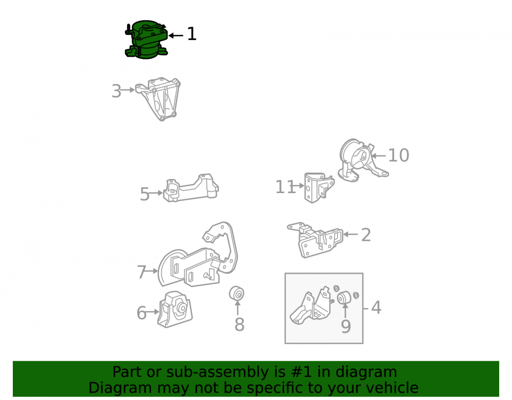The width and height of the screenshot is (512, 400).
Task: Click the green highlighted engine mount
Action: [x=146, y=39]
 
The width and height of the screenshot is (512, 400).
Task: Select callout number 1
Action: [x=191, y=34]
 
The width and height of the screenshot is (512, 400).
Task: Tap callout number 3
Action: [x=116, y=91]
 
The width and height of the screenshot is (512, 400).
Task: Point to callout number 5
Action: [x=145, y=194]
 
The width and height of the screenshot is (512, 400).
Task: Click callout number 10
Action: [x=399, y=155]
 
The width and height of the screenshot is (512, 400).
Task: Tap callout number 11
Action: [x=285, y=187]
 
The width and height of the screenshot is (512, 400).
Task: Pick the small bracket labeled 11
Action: [x=319, y=187]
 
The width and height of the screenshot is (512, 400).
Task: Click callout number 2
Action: [x=366, y=235]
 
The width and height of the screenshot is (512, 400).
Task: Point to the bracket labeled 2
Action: [x=315, y=240]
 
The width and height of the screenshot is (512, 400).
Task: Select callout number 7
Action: [x=141, y=271]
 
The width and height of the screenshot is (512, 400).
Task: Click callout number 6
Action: [x=141, y=313]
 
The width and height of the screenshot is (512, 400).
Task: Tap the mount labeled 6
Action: [x=175, y=309]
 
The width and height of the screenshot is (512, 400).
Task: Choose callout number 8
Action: [x=239, y=325]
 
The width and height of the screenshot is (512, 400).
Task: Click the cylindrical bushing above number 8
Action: [x=237, y=293]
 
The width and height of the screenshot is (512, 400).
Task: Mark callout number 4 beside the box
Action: [x=376, y=308]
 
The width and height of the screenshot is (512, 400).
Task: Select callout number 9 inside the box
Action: [x=346, y=327]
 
